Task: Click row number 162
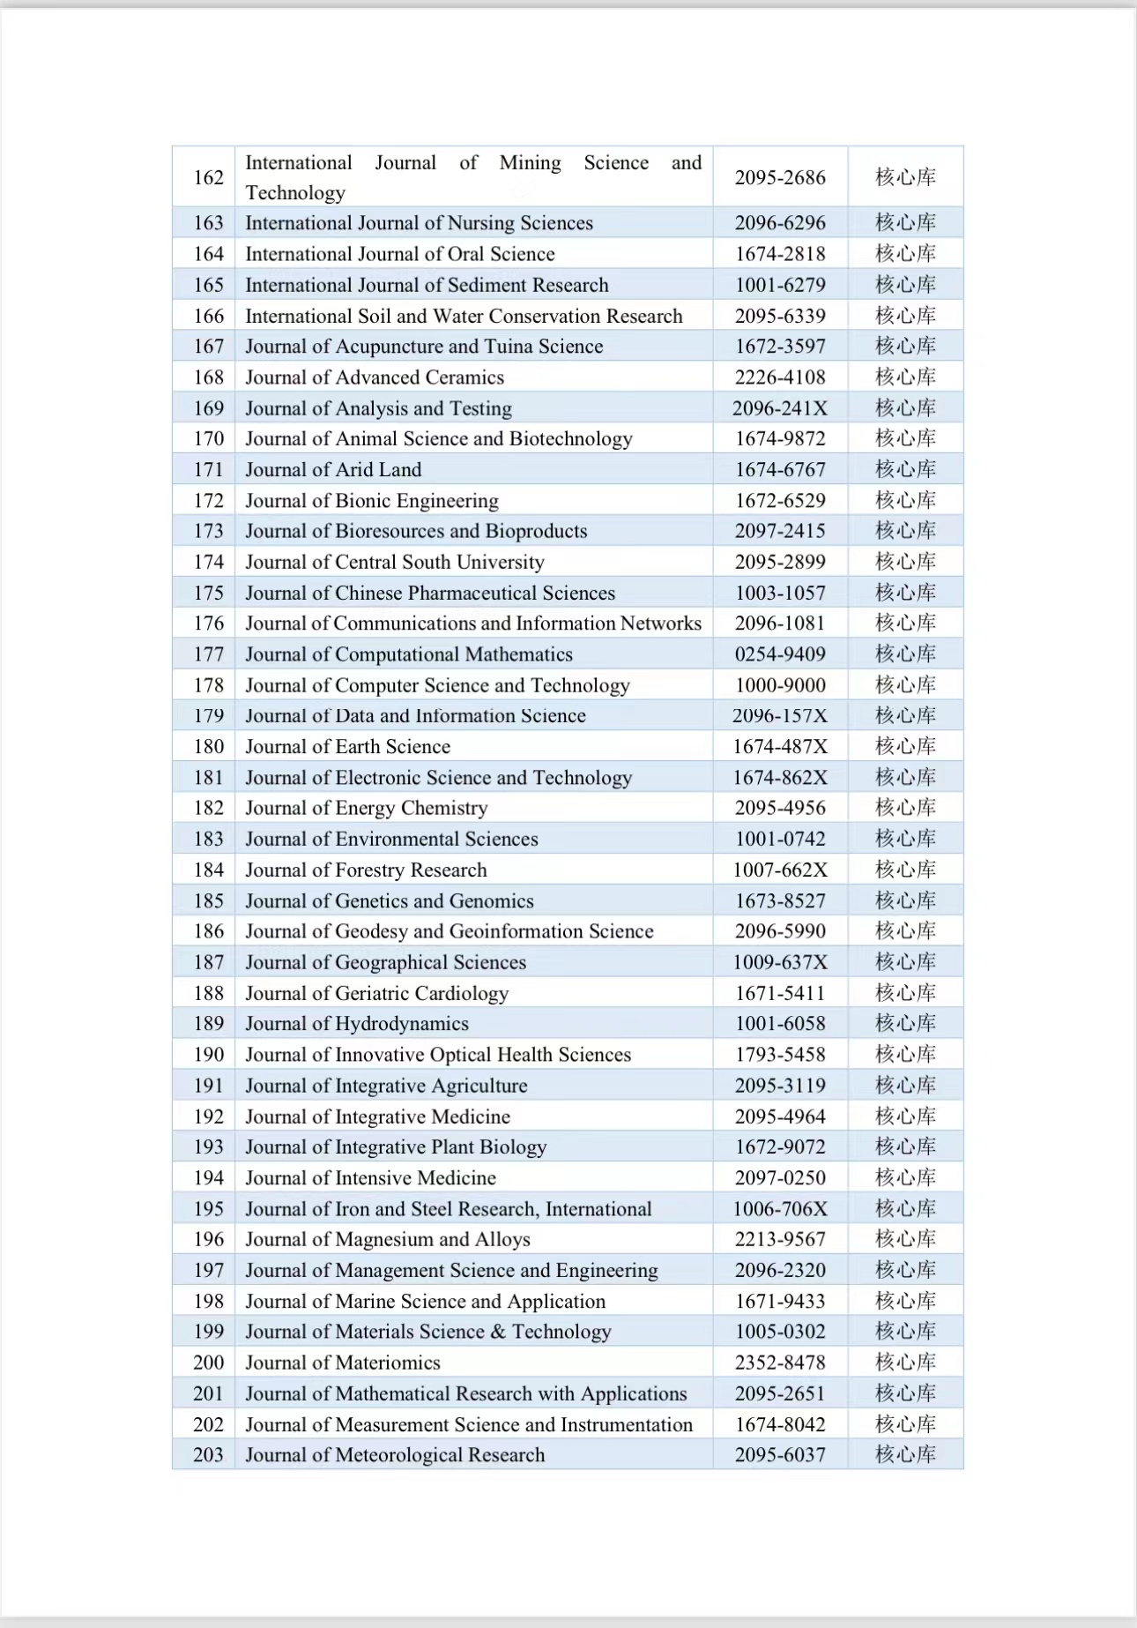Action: point(209,177)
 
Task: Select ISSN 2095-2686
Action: point(780,177)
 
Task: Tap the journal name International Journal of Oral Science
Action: point(400,254)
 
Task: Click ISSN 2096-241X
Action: point(780,408)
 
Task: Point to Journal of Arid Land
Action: point(333,470)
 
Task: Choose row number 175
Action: point(209,593)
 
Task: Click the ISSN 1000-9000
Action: point(780,685)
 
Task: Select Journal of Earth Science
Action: point(347,747)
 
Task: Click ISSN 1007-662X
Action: point(780,870)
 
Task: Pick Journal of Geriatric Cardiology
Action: point(376,993)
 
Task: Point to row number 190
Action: point(209,1055)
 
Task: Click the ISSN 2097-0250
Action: point(780,1178)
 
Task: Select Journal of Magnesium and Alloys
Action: point(388,1239)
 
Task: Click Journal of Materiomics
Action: point(342,1363)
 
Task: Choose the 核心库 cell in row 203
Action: point(905,1455)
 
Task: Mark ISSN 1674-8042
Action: point(780,1424)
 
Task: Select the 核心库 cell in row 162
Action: point(905,177)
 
